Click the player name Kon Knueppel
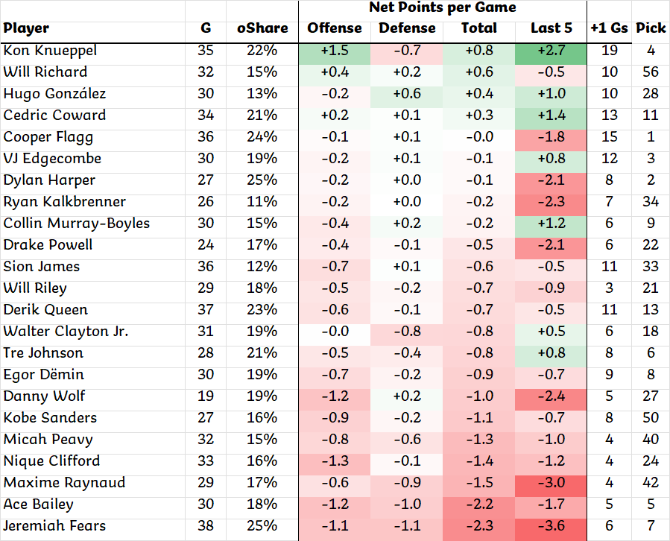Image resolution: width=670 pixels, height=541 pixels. tap(50, 51)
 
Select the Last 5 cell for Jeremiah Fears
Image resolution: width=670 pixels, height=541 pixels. tap(552, 526)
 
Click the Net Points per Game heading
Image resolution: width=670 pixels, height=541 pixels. tap(443, 7)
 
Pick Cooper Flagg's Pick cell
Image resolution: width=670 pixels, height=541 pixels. tap(651, 137)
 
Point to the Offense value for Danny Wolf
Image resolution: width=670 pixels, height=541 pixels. tap(335, 396)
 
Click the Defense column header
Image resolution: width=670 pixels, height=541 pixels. tap(407, 28)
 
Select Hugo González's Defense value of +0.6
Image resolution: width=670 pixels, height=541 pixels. tap(407, 94)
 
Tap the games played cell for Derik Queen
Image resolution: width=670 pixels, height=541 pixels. tap(206, 310)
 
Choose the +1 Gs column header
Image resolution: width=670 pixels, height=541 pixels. tap(609, 28)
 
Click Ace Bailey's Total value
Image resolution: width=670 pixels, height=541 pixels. tap(478, 504)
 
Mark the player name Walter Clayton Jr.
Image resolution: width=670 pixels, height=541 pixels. tap(66, 332)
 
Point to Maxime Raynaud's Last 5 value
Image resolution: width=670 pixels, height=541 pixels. tap(552, 483)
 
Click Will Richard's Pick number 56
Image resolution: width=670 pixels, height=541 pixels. tap(651, 72)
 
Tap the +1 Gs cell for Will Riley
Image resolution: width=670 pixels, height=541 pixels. tap(609, 288)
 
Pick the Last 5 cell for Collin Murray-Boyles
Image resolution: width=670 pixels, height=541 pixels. tap(552, 224)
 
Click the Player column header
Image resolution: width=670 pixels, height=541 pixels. tap(26, 28)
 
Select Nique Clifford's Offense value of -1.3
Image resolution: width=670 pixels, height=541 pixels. tap(335, 461)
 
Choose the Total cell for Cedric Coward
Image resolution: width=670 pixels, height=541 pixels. tap(478, 116)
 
